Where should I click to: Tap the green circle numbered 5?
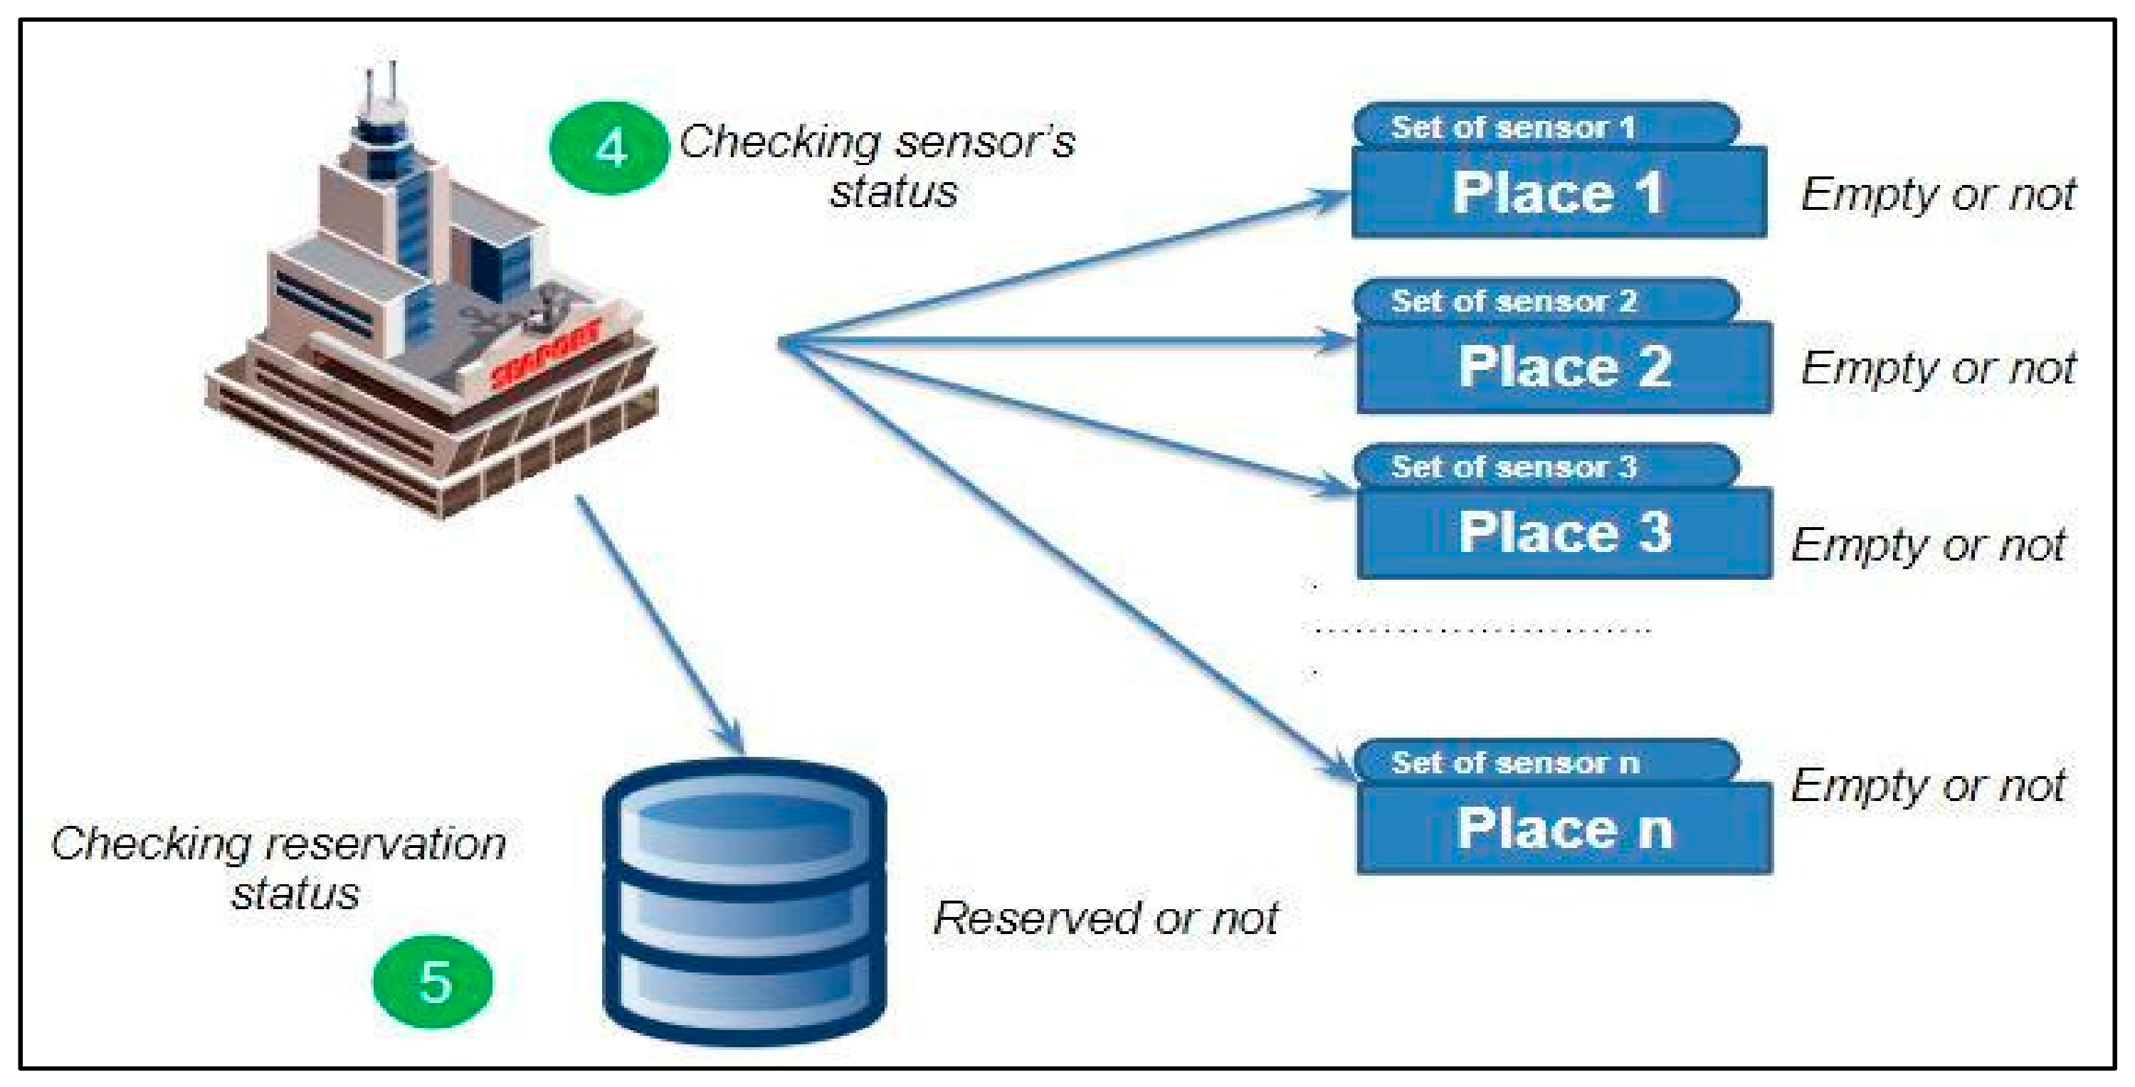[433, 982]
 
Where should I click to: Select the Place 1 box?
[1558, 193]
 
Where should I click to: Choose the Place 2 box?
[1564, 367]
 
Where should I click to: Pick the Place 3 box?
[1564, 533]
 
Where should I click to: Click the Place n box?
[1564, 829]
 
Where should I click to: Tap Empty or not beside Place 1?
[1938, 195]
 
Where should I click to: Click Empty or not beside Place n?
[1928, 785]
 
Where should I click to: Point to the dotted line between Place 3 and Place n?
[1482, 630]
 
